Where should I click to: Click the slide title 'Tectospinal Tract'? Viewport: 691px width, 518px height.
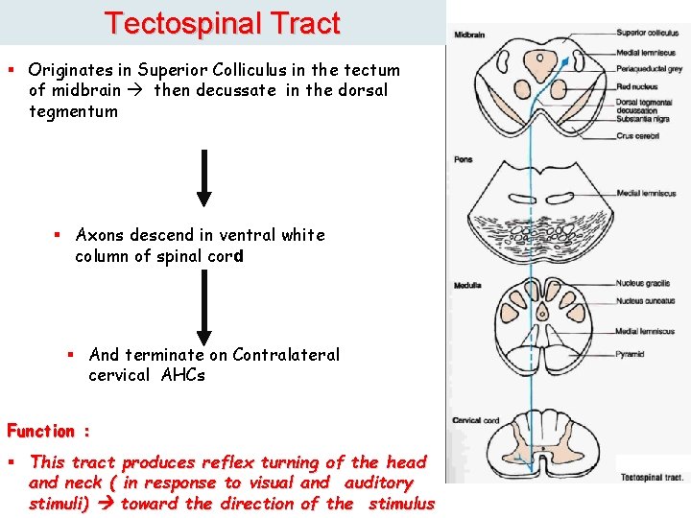point(222,23)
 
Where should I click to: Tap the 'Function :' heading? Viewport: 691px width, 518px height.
point(49,432)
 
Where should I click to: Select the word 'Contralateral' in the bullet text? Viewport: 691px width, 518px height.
point(286,355)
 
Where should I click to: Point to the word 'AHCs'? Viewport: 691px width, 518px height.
point(181,375)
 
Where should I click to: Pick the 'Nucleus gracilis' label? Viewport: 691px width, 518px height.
point(643,284)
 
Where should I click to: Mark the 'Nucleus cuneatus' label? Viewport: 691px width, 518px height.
point(645,300)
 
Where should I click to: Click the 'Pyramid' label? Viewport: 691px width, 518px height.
point(630,355)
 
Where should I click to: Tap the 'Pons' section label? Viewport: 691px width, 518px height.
point(464,159)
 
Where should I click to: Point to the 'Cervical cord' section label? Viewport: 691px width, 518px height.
point(475,421)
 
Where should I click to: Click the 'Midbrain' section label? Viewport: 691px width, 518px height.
point(469,35)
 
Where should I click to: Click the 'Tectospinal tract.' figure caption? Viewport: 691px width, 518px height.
point(652,476)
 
